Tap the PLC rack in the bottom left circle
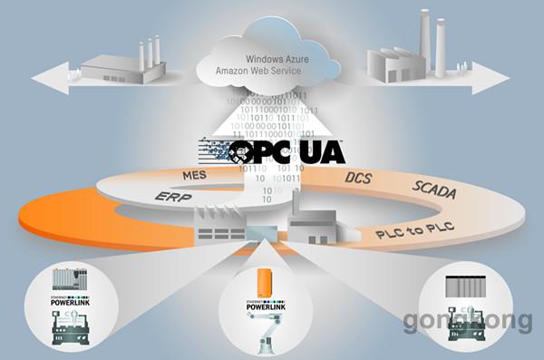71,281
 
